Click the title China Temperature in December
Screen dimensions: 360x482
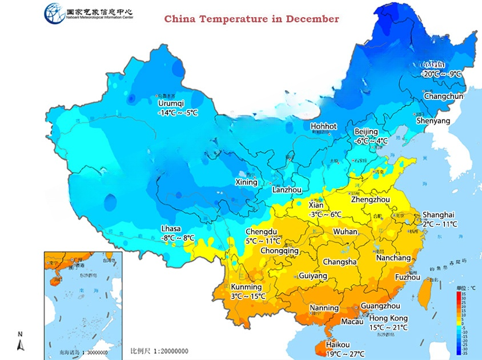tap(251, 19)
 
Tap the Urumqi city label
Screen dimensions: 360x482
tap(171, 103)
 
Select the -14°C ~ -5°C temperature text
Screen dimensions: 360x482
tap(178, 113)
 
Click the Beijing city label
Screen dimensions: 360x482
tap(366, 132)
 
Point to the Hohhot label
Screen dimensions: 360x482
tap(324, 126)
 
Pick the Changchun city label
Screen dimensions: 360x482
tap(443, 97)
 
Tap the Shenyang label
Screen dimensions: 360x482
tap(433, 121)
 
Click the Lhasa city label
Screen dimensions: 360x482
tap(171, 229)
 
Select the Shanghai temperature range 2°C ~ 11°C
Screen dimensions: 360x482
tap(440, 224)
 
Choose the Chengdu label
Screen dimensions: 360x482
tap(261, 231)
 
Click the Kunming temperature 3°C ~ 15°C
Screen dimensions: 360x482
tap(248, 296)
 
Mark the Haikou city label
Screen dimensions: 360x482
tap(338, 345)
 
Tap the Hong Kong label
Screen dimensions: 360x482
tap(388, 318)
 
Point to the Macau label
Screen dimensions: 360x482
tap(352, 322)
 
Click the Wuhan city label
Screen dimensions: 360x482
tap(345, 232)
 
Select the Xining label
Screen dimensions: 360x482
tap(246, 182)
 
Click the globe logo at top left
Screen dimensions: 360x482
tap(54, 13)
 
